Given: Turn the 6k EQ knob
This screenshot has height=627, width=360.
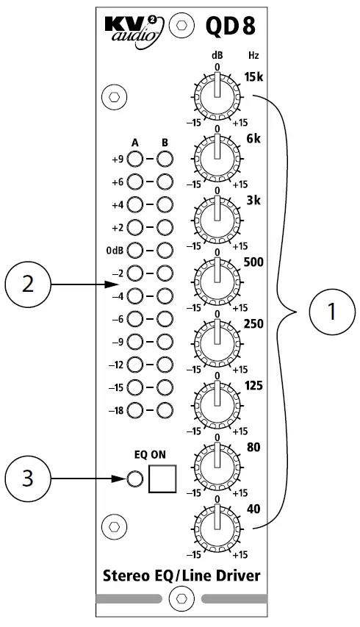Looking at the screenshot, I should coord(217,154).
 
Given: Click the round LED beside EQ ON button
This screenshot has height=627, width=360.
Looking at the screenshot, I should coord(134,480).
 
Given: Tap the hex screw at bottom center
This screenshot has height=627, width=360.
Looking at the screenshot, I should coord(180,596).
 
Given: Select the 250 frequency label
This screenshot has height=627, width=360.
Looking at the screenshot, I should coord(251,323).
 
